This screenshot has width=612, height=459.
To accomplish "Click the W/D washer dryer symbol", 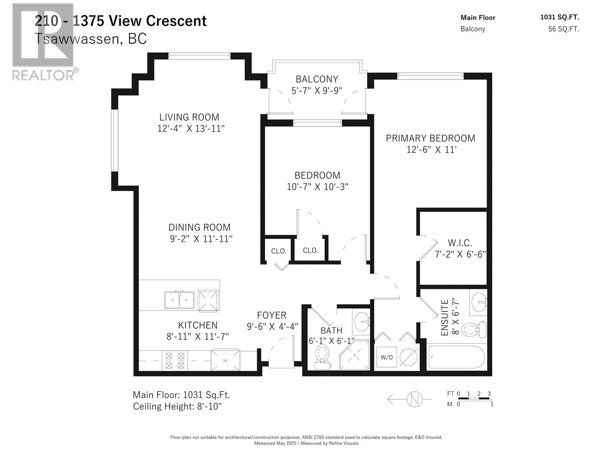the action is pyautogui.click(x=386, y=357).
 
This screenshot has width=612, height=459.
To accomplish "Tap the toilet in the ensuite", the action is pyautogui.click(x=474, y=329).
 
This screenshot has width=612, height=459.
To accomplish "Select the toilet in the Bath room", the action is pyautogui.click(x=322, y=357).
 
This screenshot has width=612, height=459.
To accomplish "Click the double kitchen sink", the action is pyautogui.click(x=179, y=300).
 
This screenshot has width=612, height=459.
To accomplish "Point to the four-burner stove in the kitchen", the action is pyautogui.click(x=175, y=361).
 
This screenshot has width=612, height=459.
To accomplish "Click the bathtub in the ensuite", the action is pyautogui.click(x=456, y=357).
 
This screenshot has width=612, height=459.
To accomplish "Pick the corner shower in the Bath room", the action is pyautogui.click(x=354, y=355).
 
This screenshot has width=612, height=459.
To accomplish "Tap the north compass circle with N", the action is pyautogui.click(x=414, y=399).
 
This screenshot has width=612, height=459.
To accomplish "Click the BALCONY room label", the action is pyautogui.click(x=317, y=79).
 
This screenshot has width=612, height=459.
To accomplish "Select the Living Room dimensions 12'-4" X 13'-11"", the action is pyautogui.click(x=191, y=129).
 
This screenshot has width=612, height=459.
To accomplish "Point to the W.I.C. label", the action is pyautogui.click(x=460, y=243).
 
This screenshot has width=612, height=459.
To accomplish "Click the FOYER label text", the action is pyautogui.click(x=272, y=315).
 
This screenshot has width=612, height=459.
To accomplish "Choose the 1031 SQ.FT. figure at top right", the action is pyautogui.click(x=560, y=17).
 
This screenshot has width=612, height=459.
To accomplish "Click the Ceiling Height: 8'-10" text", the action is pyautogui.click(x=177, y=406).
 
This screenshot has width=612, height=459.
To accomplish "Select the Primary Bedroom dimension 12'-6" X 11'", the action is pyautogui.click(x=431, y=150).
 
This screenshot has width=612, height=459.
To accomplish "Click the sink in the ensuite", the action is pyautogui.click(x=479, y=303).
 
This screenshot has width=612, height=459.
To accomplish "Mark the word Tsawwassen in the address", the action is pyautogui.click(x=77, y=39).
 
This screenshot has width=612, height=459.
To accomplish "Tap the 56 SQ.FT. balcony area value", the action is pyautogui.click(x=564, y=29).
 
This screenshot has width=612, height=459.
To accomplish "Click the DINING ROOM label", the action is pyautogui.click(x=199, y=228).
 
